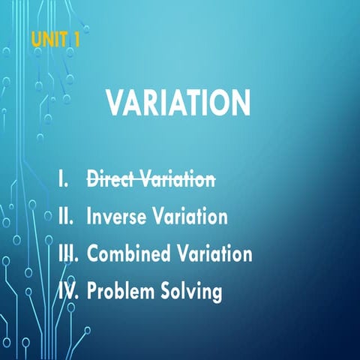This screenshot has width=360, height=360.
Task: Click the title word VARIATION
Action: click(178, 103)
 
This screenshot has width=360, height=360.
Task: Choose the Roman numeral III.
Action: click(68, 253)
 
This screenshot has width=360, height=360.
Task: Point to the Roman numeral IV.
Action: click(68, 290)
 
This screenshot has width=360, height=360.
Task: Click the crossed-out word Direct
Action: click(111, 179)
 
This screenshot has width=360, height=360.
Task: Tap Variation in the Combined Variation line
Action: click(213, 253)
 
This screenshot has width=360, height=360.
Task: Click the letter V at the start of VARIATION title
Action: click(116, 103)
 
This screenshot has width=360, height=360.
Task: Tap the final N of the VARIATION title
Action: click(240, 103)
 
